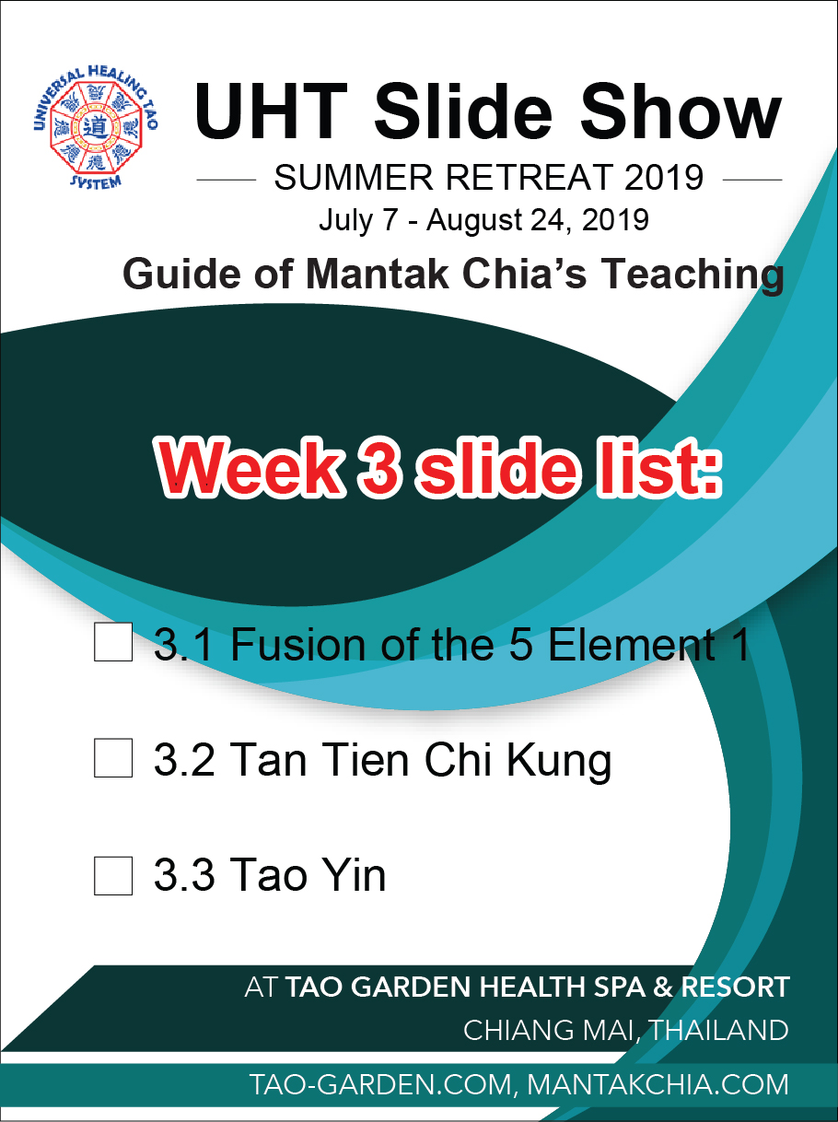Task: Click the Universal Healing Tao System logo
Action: [96, 127]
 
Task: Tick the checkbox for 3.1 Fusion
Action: [113, 641]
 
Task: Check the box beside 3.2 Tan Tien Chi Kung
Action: [113, 758]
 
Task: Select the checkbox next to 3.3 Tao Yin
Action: [113, 876]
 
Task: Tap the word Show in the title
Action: [681, 111]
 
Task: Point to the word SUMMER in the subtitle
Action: [354, 178]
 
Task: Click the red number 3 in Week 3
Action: [379, 467]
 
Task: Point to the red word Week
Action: [251, 467]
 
